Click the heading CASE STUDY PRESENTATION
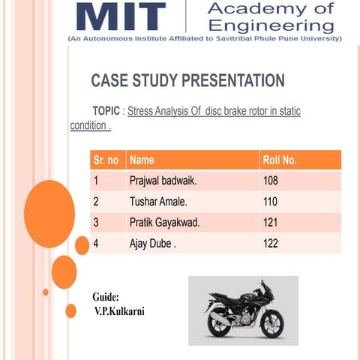click(x=187, y=81)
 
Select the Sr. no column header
click(x=106, y=160)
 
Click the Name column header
click(x=142, y=160)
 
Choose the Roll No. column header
click(x=280, y=160)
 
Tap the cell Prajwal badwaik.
click(x=163, y=181)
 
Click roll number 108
click(x=271, y=181)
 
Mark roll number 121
click(x=271, y=223)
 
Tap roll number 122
click(x=271, y=244)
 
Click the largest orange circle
click(x=49, y=214)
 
